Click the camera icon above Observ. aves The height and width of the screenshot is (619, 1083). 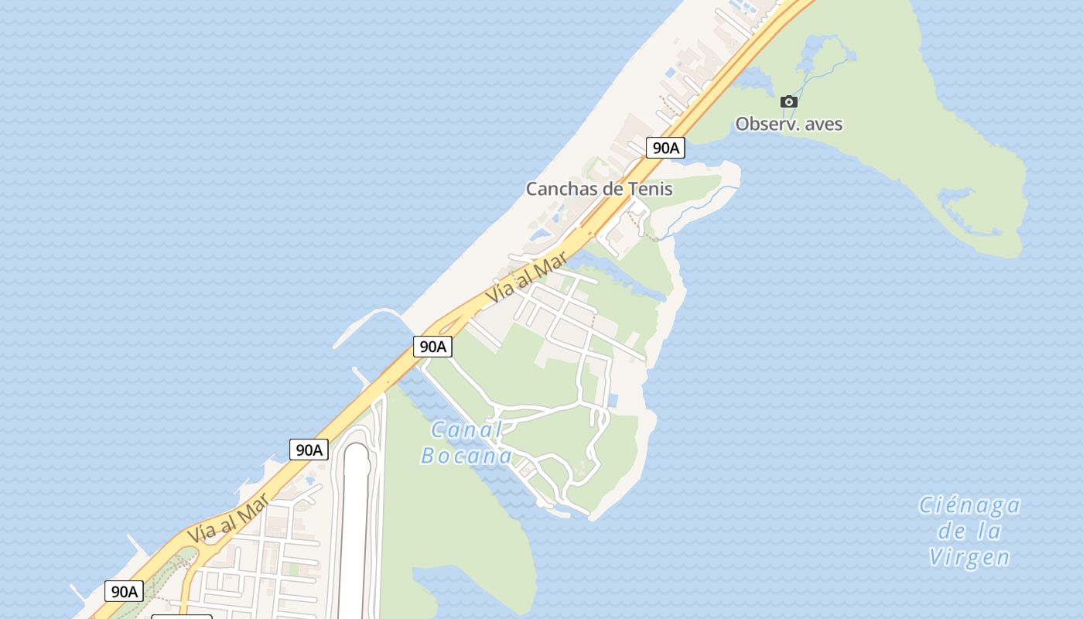(788, 101)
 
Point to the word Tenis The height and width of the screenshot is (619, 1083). (652, 189)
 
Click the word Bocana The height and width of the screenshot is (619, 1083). (466, 456)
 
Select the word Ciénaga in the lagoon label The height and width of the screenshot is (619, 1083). (969, 506)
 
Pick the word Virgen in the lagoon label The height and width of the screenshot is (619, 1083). (969, 557)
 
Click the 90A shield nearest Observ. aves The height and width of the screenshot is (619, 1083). (665, 148)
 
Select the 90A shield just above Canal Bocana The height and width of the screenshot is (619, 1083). (432, 346)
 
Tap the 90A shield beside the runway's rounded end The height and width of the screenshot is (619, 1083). (309, 450)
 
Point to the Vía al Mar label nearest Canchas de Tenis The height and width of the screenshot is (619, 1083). (528, 280)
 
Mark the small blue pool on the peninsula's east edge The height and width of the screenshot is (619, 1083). (613, 400)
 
